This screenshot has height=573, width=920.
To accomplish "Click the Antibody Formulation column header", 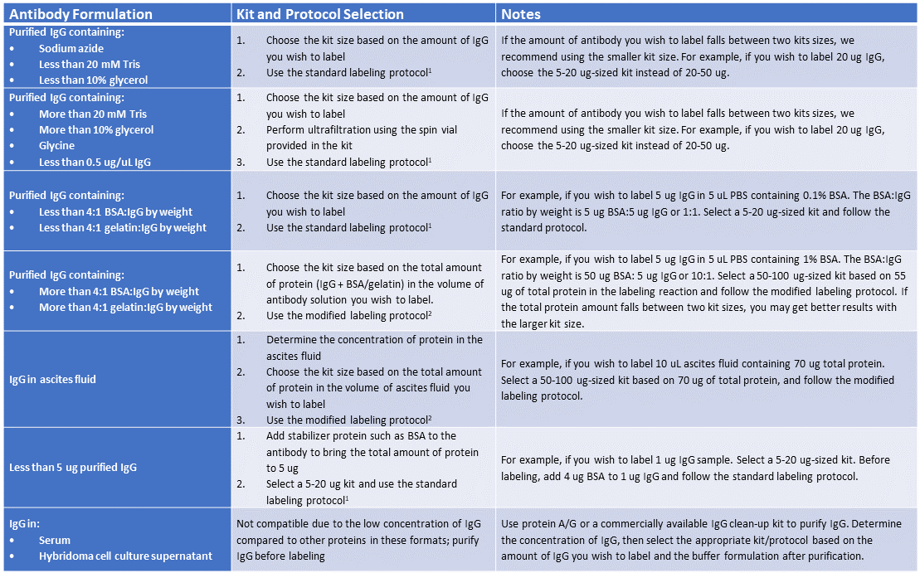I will (80, 14).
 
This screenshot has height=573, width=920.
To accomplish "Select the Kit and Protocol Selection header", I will (320, 14).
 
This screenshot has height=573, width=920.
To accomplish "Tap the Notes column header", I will (521, 14).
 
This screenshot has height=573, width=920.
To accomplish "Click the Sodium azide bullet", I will (71, 48).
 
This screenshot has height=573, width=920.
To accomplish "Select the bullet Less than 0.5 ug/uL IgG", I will (95, 163).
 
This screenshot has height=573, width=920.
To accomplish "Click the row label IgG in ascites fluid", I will (52, 379).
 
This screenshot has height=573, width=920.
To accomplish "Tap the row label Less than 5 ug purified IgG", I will (73, 467).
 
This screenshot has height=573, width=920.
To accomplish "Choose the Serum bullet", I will (55, 540).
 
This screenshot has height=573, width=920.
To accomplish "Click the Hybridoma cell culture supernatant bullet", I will (125, 556).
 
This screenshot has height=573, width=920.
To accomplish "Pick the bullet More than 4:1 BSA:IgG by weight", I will (119, 291).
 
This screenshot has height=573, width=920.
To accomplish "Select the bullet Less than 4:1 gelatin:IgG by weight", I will (123, 227).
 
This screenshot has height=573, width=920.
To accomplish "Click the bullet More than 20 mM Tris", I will (93, 114).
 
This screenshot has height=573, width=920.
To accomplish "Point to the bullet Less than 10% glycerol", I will (93, 80).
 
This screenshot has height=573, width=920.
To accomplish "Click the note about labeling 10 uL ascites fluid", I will (697, 380).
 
